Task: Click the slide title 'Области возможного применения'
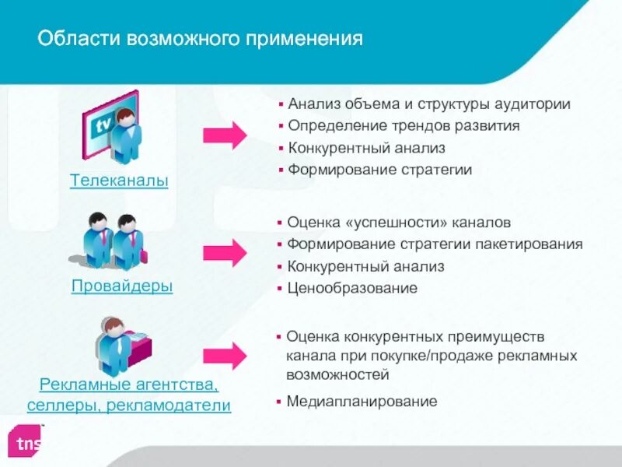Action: tap(201, 39)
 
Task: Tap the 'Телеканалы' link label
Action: tap(119, 181)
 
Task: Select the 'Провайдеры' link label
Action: tap(122, 286)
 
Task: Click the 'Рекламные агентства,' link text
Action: tap(129, 384)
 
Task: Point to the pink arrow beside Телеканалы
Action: tap(224, 135)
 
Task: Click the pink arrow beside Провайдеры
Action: tap(224, 253)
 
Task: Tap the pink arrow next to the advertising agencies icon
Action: tap(224, 356)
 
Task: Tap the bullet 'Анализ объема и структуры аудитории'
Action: tap(428, 104)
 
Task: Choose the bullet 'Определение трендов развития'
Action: tap(404, 125)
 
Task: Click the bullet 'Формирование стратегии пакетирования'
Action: tap(435, 244)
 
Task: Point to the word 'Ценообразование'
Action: tap(352, 288)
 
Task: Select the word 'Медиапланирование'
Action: tap(362, 402)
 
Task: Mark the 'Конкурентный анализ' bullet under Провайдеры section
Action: tap(365, 266)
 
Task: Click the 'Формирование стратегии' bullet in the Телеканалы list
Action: tap(379, 169)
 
